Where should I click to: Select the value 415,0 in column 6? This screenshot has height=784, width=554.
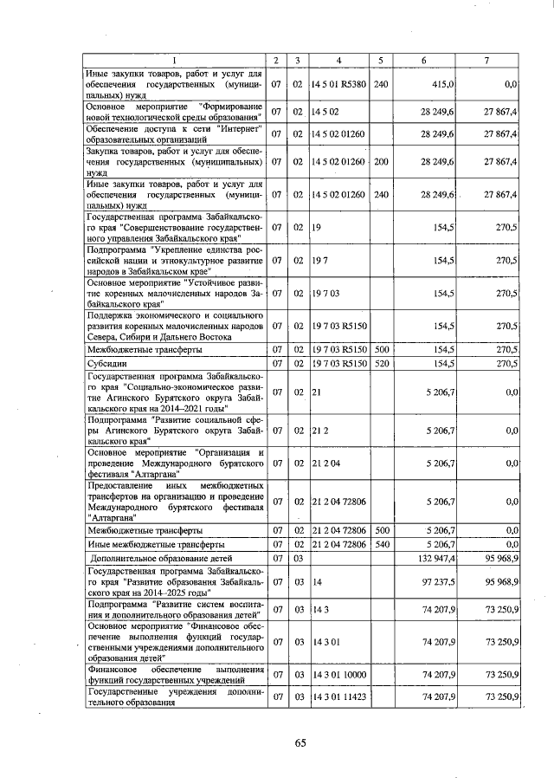tap(442, 85)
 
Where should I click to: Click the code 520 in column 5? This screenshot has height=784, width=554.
tap(381, 363)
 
